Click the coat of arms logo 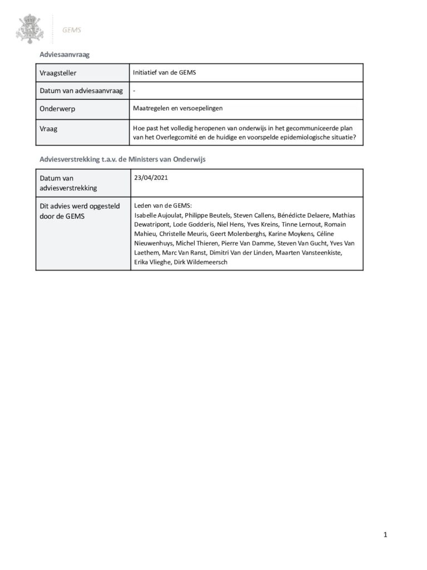(29, 29)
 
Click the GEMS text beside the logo (72, 30)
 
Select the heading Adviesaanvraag (65, 55)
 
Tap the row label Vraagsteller (58, 73)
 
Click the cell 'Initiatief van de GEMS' (164, 72)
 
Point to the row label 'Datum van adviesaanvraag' (81, 91)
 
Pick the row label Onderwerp (57, 109)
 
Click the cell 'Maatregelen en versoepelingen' (178, 108)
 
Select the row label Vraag (49, 128)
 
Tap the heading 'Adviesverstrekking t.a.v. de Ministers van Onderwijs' (122, 159)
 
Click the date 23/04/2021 (151, 178)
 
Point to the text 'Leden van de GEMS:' (163, 205)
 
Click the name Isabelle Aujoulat (158, 215)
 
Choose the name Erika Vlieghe (153, 262)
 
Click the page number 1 (385, 535)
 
